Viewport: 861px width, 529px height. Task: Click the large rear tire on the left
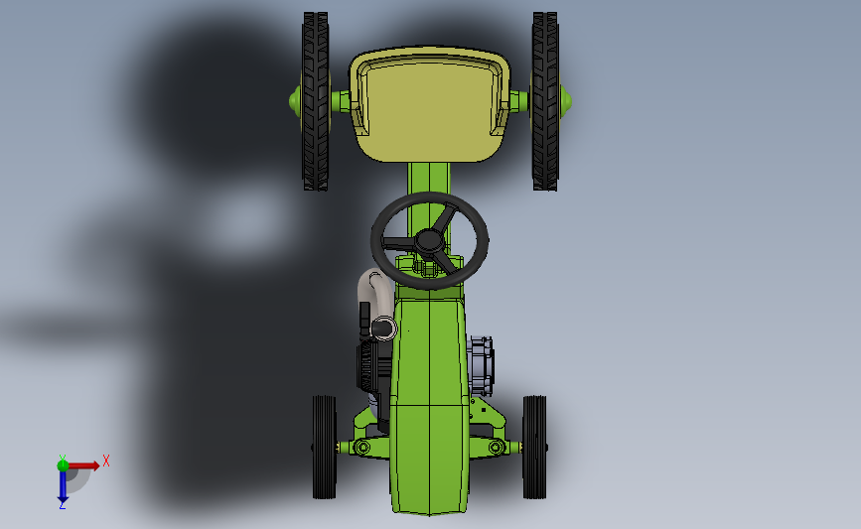point(316,101)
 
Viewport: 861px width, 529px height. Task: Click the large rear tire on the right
point(545,101)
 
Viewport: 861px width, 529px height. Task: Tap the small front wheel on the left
point(324,448)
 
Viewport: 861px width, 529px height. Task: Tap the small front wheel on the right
point(535,448)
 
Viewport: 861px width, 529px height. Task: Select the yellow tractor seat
point(430,104)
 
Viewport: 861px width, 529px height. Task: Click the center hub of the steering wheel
point(429,241)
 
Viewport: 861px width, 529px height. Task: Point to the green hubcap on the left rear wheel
point(295,101)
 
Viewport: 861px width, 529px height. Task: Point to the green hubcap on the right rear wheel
point(565,101)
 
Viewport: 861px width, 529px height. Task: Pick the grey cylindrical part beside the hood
point(480,363)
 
